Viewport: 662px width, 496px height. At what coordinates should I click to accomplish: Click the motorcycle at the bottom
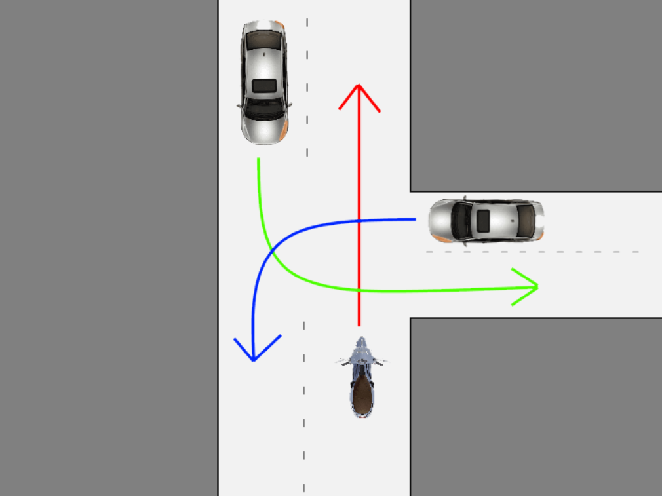(x=361, y=379)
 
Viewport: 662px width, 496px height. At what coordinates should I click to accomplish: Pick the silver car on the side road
(x=486, y=220)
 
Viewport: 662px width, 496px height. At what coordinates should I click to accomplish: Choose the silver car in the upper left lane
(x=264, y=83)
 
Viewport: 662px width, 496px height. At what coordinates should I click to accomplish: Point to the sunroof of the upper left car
(x=264, y=85)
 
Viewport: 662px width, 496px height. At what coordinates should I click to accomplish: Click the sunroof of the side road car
(x=483, y=221)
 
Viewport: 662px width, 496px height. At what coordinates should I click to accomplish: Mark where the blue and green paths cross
(x=271, y=252)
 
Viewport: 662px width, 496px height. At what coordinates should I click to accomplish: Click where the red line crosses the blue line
(x=359, y=221)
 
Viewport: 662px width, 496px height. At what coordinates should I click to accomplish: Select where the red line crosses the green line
(x=359, y=290)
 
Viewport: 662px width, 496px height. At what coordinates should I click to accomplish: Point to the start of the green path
(x=258, y=159)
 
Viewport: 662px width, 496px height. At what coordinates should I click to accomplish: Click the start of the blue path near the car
(x=414, y=219)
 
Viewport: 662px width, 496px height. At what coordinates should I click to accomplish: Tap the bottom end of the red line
(x=359, y=324)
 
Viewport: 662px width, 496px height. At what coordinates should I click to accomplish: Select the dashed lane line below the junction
(x=303, y=406)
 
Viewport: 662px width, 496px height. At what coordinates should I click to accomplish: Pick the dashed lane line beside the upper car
(x=307, y=85)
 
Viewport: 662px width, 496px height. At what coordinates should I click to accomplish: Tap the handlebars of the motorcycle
(x=361, y=360)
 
